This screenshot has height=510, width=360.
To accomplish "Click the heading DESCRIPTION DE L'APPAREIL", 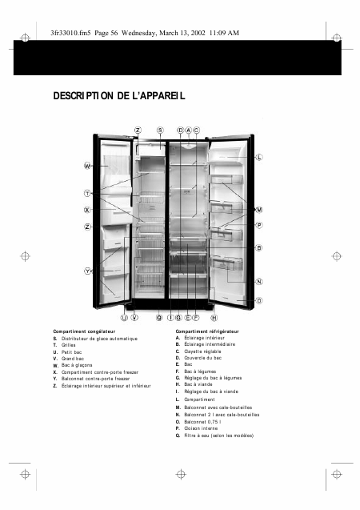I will pyautogui.click(x=119, y=96).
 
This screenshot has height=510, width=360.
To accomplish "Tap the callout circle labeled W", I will pyautogui.click(x=87, y=166).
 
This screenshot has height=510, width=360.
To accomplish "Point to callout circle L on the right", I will pyautogui.click(x=259, y=158).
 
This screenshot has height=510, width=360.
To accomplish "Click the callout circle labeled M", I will pyautogui.click(x=259, y=210).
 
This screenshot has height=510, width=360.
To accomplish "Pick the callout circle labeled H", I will pyautogui.click(x=214, y=318).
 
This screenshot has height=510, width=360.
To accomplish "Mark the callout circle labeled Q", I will pyautogui.click(x=160, y=318).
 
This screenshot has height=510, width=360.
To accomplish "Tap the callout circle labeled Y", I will pyautogui.click(x=87, y=271).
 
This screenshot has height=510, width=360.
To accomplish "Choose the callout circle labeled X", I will pyautogui.click(x=87, y=210).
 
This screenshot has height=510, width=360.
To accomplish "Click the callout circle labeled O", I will pyautogui.click(x=259, y=300).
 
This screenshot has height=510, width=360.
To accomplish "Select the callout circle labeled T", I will pyautogui.click(x=87, y=193).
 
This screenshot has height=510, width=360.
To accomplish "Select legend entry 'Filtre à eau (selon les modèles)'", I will pyautogui.click(x=218, y=436).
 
